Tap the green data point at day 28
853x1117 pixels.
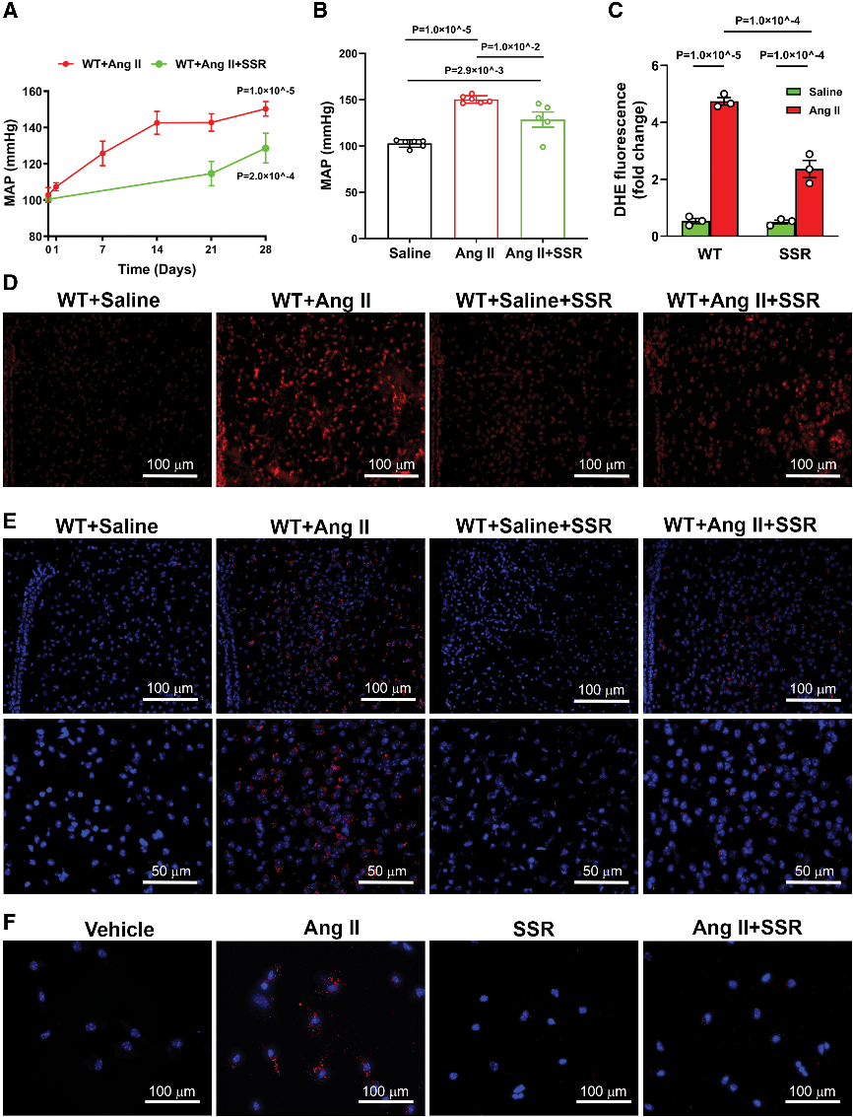coord(265,148)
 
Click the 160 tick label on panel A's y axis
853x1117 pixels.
coord(31,92)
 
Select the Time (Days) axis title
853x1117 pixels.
coord(156,268)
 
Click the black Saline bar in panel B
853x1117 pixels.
coord(410,190)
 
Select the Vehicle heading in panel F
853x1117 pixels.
coord(119,930)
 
